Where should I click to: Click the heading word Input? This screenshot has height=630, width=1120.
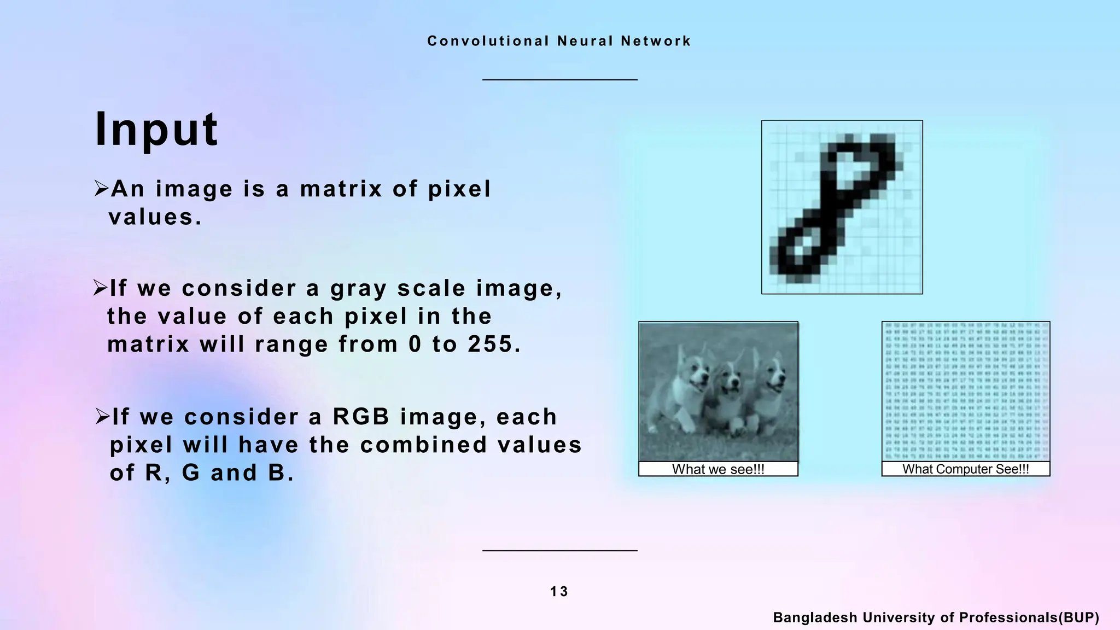pyautogui.click(x=156, y=130)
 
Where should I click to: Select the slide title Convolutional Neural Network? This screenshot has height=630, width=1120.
pyautogui.click(x=559, y=41)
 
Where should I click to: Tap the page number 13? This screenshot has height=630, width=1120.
pyautogui.click(x=559, y=592)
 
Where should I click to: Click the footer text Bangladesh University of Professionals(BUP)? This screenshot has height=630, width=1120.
pyautogui.click(x=936, y=617)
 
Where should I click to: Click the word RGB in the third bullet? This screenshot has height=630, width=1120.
pyautogui.click(x=361, y=417)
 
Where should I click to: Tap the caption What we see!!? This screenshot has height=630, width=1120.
pyautogui.click(x=718, y=469)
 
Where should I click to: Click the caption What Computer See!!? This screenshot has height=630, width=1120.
pyautogui.click(x=965, y=469)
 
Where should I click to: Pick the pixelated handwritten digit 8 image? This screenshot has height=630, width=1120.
pyautogui.click(x=842, y=207)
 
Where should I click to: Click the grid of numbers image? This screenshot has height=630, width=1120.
pyautogui.click(x=965, y=392)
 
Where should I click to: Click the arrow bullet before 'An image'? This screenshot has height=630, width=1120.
pyautogui.click(x=101, y=189)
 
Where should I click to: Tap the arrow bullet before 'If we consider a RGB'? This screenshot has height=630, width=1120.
pyautogui.click(x=102, y=417)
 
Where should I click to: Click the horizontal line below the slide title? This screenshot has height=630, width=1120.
pyautogui.click(x=559, y=80)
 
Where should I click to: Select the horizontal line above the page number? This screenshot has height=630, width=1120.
pyautogui.click(x=559, y=550)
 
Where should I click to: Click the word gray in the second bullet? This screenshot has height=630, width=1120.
pyautogui.click(x=358, y=289)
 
